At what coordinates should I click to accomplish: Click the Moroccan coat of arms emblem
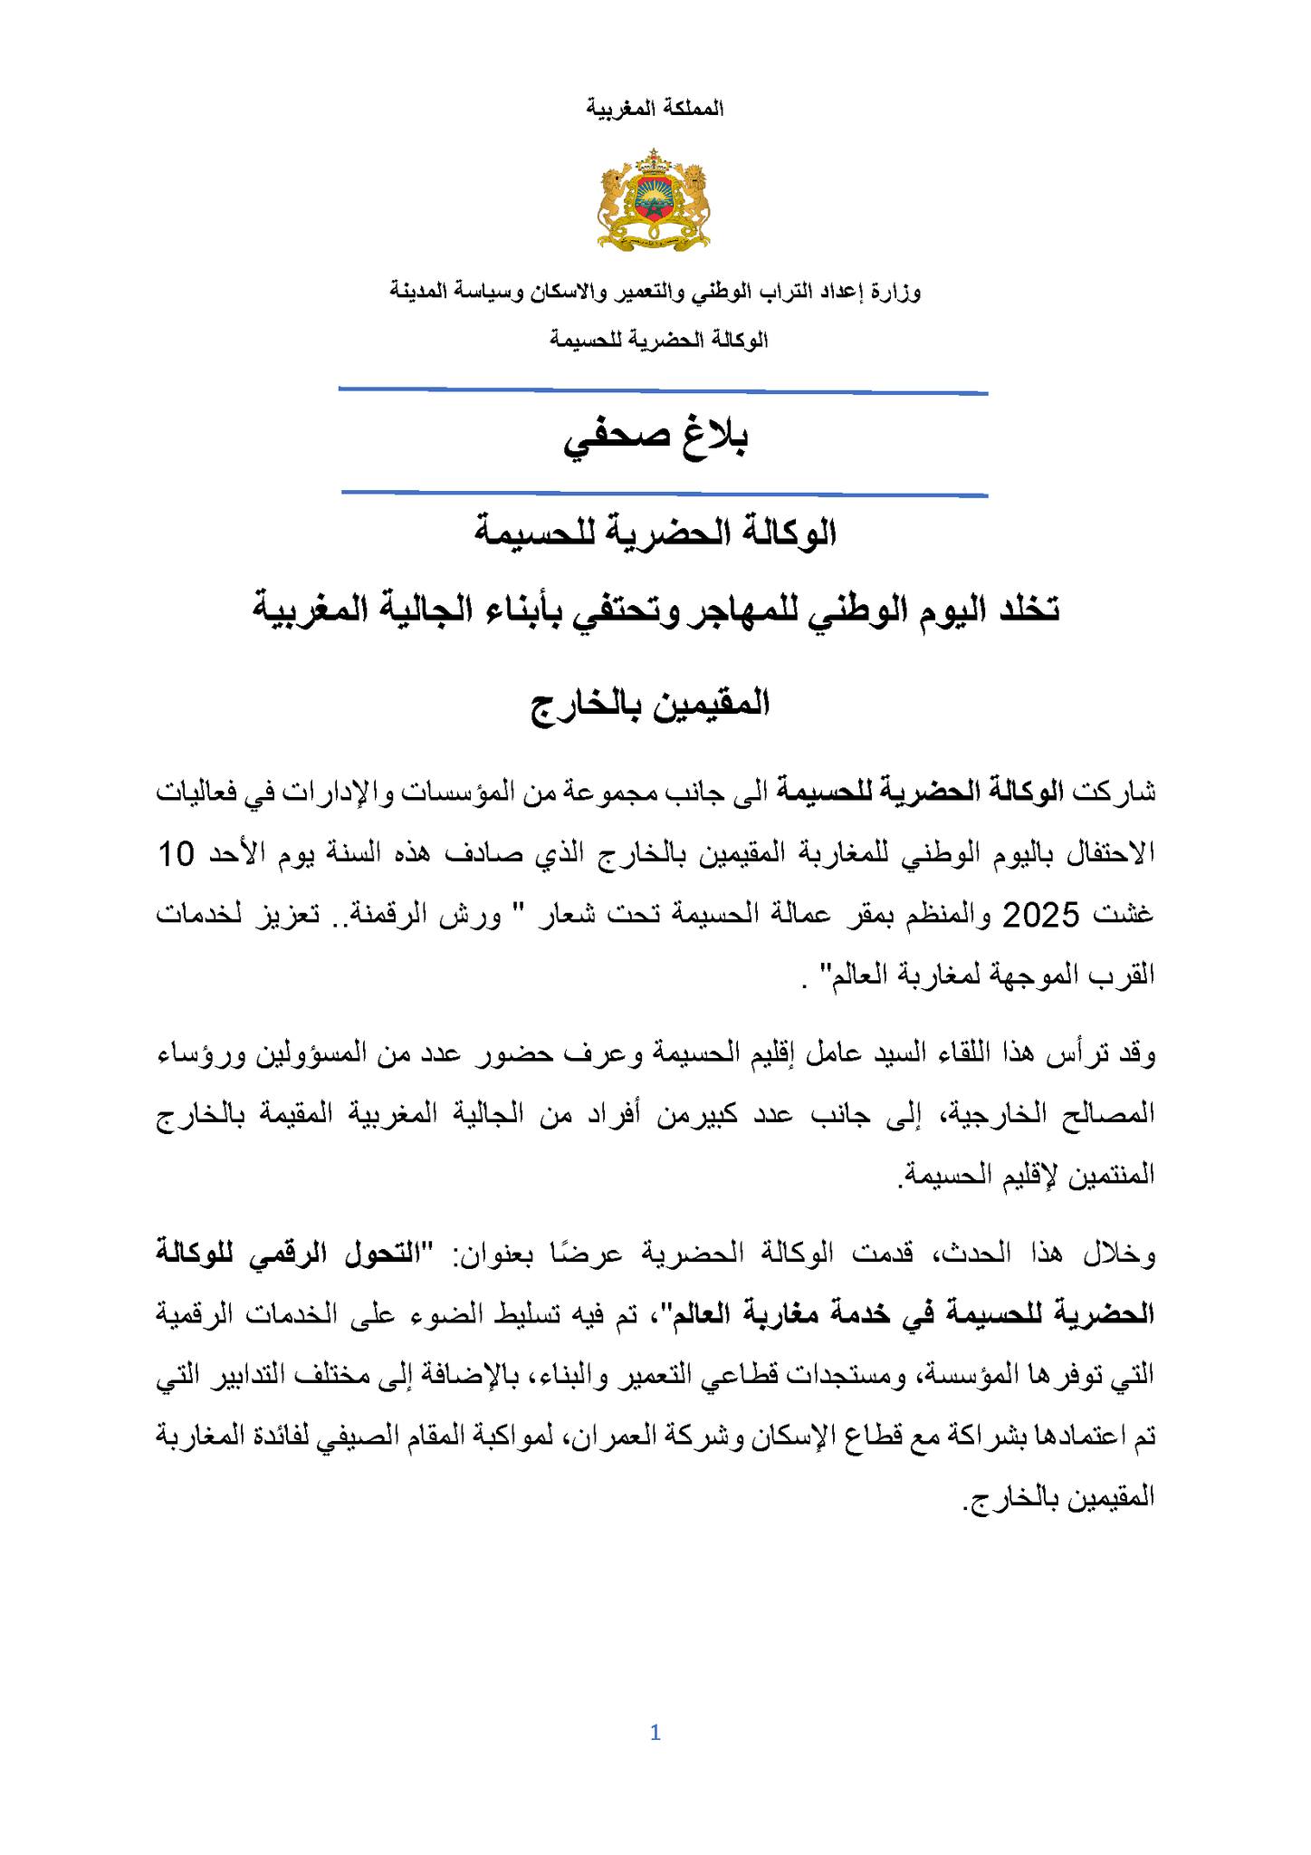(654, 200)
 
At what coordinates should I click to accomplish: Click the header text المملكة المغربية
(655, 109)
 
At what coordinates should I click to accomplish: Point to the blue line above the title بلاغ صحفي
(663, 391)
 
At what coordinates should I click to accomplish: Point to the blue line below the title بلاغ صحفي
(665, 494)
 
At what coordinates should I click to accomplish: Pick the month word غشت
(1126, 916)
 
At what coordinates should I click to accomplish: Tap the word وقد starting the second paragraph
(1136, 1054)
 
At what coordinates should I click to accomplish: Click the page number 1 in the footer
(655, 1733)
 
